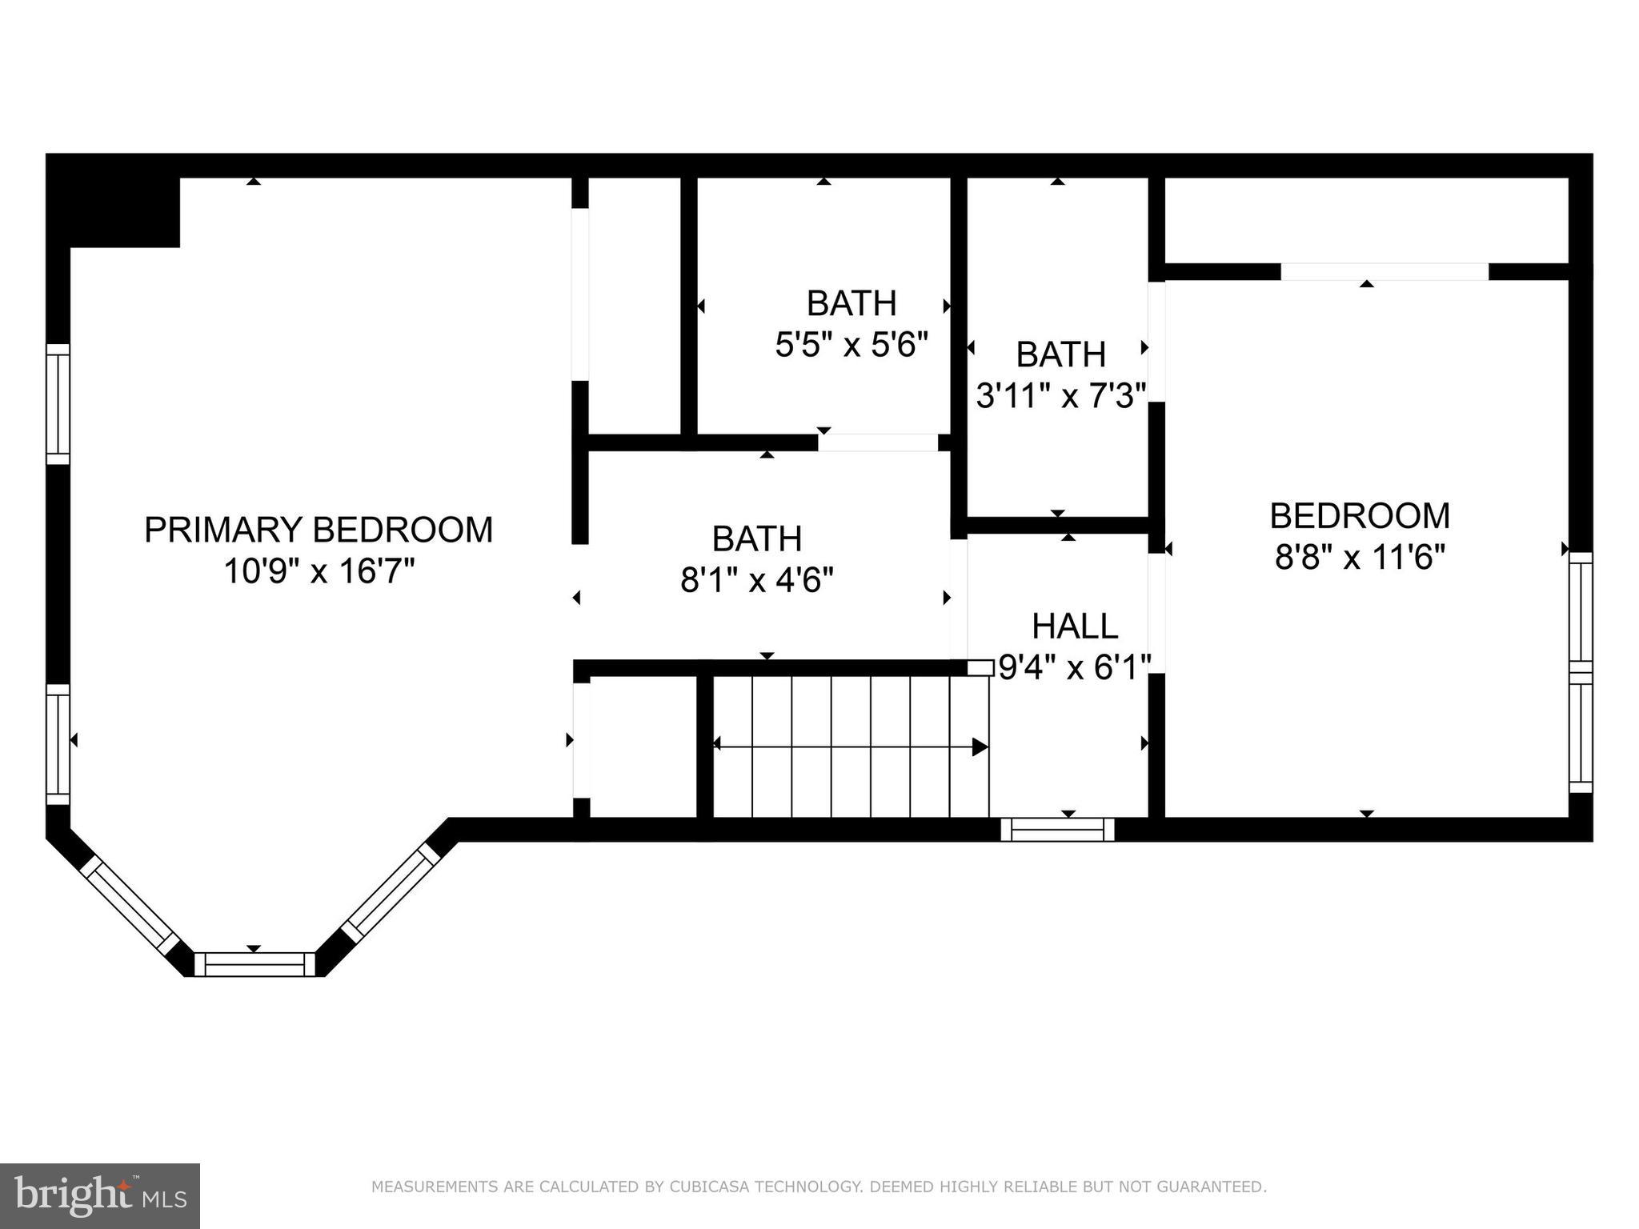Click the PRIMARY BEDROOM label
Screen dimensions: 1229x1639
coord(319,530)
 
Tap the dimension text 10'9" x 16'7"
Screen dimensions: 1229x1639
coord(319,571)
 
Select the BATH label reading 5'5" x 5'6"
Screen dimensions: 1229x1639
coord(851,304)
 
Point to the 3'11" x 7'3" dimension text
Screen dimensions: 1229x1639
coord(1061,395)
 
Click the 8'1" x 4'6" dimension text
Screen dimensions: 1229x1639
coord(756,580)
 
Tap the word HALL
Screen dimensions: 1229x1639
coord(1074,627)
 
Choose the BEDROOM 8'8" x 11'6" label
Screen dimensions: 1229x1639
coord(1359,516)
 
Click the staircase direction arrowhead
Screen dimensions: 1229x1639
coord(980,747)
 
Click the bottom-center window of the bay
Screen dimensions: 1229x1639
coord(254,964)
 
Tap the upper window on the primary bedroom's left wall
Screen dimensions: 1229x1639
coord(58,403)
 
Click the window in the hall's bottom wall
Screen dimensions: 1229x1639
coord(1057,830)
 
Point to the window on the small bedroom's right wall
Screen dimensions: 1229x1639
coord(1580,672)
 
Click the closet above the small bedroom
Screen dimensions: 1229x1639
coord(1365,220)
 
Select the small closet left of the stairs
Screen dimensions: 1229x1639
coord(643,747)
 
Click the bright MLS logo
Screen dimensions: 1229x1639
coord(99,1195)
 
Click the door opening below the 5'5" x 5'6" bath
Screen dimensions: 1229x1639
coord(877,442)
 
